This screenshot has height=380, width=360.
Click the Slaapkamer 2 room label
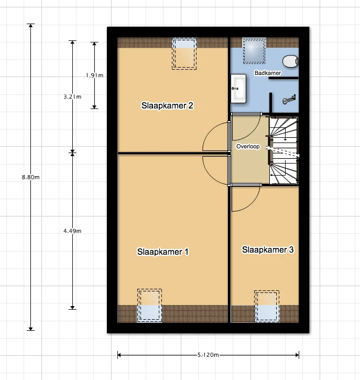coord(167,105)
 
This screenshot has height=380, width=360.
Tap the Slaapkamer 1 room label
coord(163,252)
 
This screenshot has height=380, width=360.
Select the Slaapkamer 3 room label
coord(268,249)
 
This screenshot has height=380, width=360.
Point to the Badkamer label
coord(268,73)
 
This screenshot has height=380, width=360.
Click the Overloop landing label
coord(248,146)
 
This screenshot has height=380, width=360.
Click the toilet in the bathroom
coord(290,61)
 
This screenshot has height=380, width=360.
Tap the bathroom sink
coord(238,89)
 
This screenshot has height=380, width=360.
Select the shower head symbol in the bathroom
coord(289,100)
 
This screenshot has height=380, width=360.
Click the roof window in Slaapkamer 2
coord(184,53)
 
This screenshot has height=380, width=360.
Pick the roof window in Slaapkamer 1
coord(149,306)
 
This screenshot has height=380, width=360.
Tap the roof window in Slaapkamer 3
coord(267,306)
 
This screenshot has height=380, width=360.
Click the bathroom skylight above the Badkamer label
coord(254,51)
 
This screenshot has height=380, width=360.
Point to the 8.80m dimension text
coord(30,177)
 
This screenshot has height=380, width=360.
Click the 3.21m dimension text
coord(72,96)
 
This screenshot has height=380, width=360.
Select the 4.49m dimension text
coord(72,231)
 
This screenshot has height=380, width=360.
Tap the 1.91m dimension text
coord(94,75)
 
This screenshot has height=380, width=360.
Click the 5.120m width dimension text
coord(208,355)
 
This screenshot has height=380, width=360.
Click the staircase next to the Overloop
coord(283,151)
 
